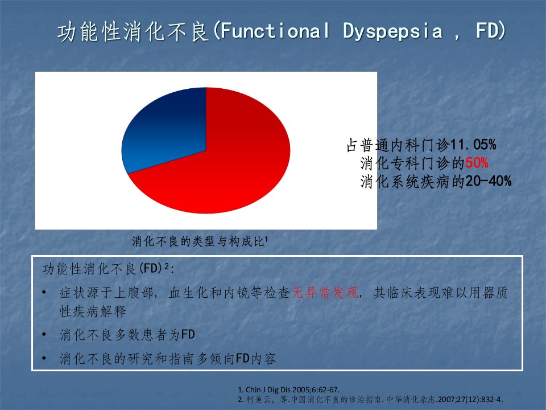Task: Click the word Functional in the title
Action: (x=275, y=31)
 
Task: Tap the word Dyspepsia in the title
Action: (x=393, y=31)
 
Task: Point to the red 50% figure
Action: (x=477, y=163)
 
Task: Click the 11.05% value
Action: (x=473, y=145)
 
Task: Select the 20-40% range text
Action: (x=489, y=181)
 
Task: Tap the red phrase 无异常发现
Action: (x=325, y=293)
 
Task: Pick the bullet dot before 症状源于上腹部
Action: (x=44, y=292)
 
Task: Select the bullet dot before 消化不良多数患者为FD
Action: (x=44, y=335)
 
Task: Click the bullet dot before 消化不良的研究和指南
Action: (x=44, y=358)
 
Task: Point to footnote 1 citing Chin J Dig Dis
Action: (x=289, y=389)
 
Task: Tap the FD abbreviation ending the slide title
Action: (x=487, y=31)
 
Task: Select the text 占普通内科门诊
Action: (x=398, y=145)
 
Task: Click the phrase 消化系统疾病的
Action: (x=413, y=182)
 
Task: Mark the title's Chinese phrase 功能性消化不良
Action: (x=133, y=31)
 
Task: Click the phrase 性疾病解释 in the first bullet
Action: (x=93, y=311)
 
